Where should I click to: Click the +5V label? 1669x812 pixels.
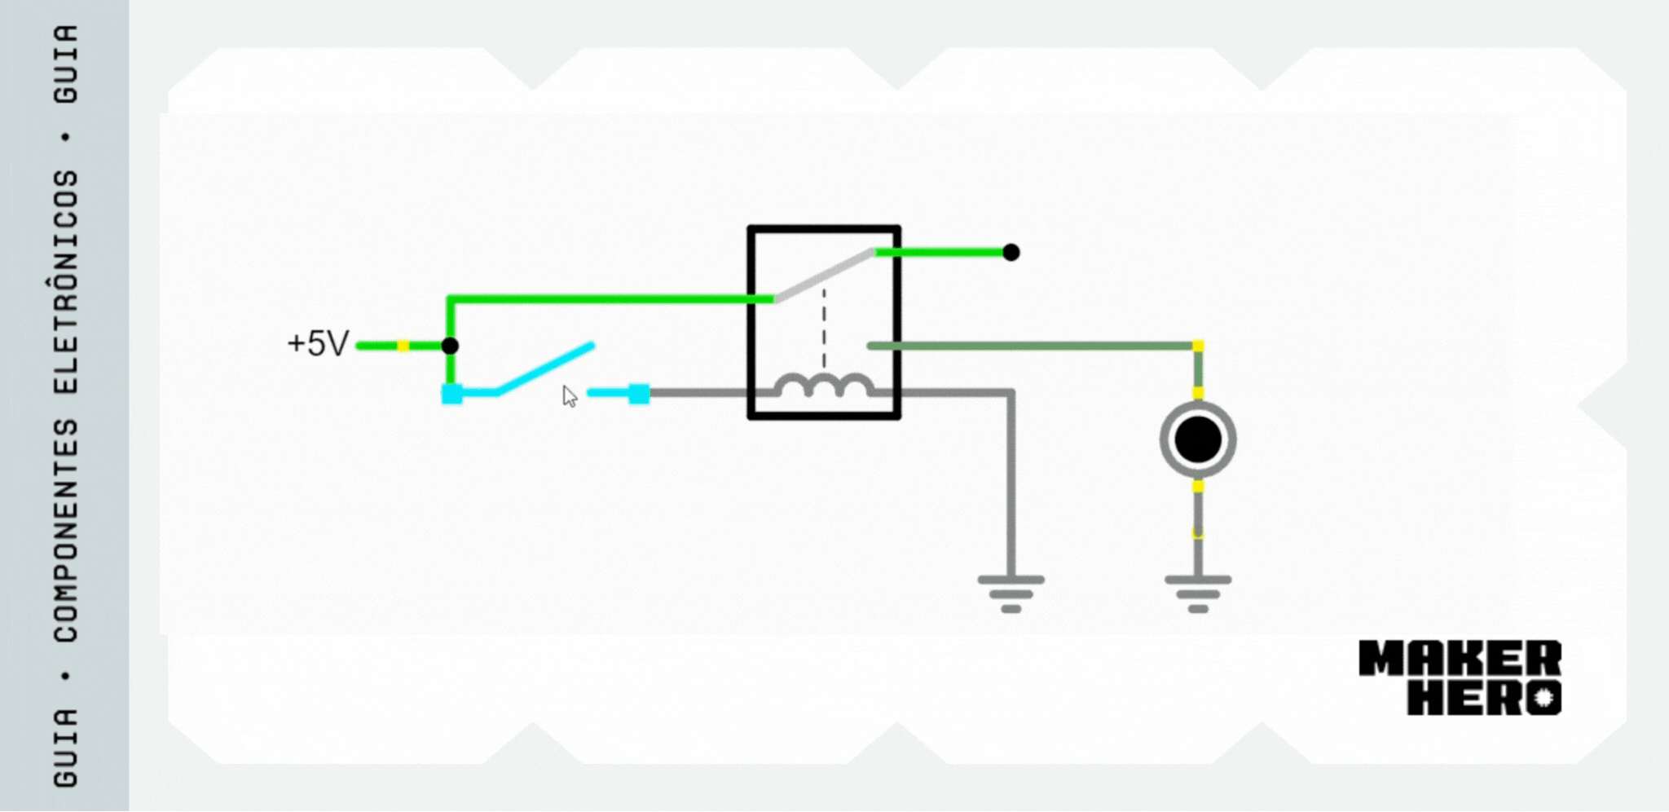(x=318, y=343)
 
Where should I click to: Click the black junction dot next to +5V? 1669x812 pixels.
(x=450, y=346)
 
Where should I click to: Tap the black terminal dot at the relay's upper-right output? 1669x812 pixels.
(x=1011, y=253)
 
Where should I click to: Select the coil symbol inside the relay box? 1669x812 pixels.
(x=823, y=385)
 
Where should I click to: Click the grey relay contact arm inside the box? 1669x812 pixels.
(x=825, y=276)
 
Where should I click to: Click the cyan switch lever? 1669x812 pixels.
(x=545, y=369)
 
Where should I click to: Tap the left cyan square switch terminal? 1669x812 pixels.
(x=451, y=394)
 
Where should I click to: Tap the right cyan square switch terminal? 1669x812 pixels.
(x=639, y=394)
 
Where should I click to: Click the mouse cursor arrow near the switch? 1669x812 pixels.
(x=569, y=396)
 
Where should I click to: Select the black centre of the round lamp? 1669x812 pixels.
(x=1198, y=440)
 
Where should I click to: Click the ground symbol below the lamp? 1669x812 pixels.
(x=1198, y=594)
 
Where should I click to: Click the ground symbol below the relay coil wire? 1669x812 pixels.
(x=1011, y=594)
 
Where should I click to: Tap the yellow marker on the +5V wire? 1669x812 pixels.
(x=403, y=346)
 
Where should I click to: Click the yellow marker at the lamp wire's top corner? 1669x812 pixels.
(x=1198, y=346)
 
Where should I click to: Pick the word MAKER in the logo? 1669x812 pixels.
(x=1460, y=659)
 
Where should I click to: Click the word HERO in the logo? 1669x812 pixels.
(x=1484, y=698)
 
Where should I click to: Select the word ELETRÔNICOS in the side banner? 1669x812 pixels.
(x=66, y=281)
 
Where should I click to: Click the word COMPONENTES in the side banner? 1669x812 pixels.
(x=66, y=530)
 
